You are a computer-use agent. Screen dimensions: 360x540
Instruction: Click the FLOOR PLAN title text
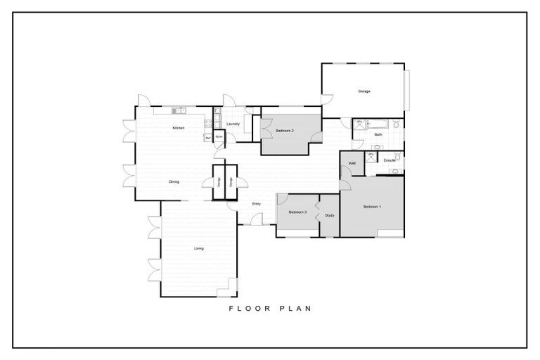tap(269, 308)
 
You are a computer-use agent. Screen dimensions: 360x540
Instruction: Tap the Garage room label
tap(364, 91)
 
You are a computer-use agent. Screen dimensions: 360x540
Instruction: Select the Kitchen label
tap(179, 128)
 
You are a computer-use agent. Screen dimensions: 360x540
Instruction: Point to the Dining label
tap(174, 182)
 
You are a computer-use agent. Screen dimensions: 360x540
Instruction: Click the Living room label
tap(199, 249)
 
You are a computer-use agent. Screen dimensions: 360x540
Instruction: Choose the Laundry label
tap(234, 124)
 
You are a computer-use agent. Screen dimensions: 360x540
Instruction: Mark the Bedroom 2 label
tap(284, 131)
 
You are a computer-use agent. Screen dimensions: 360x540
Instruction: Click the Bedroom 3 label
tap(297, 212)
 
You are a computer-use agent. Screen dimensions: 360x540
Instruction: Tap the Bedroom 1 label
tap(372, 207)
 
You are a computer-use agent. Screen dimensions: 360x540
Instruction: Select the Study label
tap(329, 215)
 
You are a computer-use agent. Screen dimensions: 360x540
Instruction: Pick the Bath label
tap(378, 134)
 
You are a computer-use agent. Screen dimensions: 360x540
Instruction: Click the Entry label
tap(257, 203)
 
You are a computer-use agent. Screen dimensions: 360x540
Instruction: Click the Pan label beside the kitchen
tap(208, 136)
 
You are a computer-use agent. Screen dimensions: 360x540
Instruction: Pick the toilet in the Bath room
tap(396, 124)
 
